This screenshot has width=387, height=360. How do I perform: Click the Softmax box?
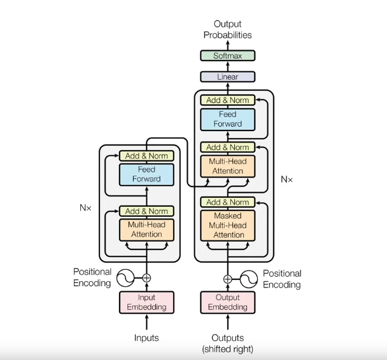click(227, 56)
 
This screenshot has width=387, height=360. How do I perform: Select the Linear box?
click(227, 77)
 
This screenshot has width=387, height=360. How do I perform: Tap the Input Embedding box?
click(146, 302)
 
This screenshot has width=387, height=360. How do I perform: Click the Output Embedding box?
click(227, 302)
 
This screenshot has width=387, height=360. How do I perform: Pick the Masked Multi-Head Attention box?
click(227, 225)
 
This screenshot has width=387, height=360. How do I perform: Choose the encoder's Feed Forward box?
click(146, 174)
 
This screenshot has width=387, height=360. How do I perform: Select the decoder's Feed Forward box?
click(227, 120)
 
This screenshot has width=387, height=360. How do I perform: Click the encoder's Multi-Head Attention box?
click(146, 229)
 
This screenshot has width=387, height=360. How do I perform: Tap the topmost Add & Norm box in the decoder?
click(227, 100)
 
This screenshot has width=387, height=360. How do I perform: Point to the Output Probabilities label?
click(227, 29)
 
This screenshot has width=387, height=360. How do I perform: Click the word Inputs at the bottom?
click(146, 338)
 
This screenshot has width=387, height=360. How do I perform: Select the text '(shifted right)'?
click(227, 349)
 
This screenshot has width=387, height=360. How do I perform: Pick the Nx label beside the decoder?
click(287, 179)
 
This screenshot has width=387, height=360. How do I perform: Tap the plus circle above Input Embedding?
click(146, 278)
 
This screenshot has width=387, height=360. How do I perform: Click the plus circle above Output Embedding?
click(227, 278)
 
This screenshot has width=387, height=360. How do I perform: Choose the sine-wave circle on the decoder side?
click(250, 278)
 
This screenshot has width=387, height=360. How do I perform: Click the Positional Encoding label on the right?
click(282, 279)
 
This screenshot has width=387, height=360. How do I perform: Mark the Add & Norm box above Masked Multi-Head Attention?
click(227, 202)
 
